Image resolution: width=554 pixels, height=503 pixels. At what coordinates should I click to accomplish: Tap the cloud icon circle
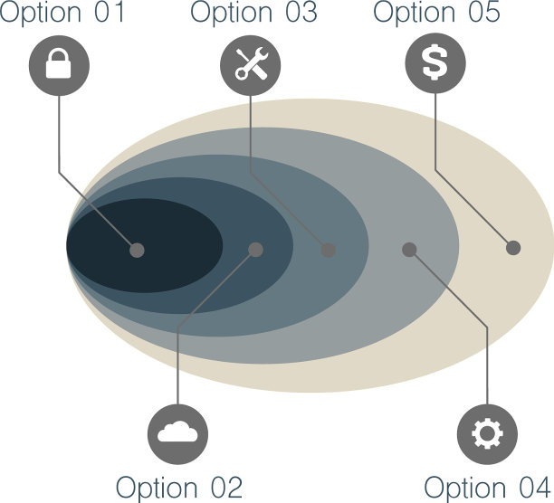177,434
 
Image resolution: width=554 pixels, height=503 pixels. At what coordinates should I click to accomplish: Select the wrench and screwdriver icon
251,64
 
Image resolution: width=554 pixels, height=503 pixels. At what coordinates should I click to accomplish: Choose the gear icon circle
487,434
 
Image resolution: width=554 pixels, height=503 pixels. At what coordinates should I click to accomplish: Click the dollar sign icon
435,64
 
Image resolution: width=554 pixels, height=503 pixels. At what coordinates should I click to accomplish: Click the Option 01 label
62,14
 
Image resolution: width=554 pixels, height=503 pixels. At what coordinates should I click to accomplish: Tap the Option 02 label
179,487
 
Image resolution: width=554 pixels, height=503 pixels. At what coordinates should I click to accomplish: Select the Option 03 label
254,14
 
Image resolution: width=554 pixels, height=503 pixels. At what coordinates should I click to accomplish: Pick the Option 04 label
488,487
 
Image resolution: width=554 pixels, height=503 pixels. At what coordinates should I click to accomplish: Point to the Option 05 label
437,14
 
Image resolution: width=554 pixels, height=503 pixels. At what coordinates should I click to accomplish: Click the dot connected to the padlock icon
137,250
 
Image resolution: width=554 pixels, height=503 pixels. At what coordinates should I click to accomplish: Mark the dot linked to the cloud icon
256,249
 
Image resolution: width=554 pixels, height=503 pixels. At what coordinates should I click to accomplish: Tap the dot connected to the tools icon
329,250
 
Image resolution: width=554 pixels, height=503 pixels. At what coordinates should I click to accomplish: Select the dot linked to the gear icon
409,249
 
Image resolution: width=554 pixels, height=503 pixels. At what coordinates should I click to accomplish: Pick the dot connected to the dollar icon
513,248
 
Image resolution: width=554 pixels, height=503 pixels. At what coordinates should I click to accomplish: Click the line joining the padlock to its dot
60,136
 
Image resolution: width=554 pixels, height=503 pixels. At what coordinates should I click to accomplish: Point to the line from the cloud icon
177,362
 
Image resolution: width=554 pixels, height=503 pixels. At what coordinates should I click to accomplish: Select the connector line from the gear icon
487,362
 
